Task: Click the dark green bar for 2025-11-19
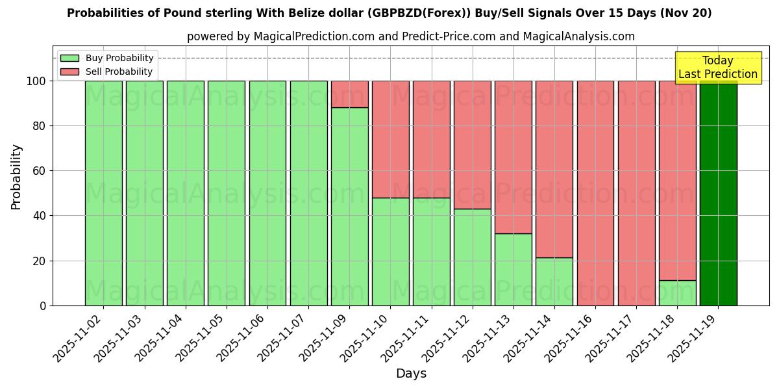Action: coord(718,193)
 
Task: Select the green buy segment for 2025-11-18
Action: coord(677,293)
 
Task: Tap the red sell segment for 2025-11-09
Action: coord(349,94)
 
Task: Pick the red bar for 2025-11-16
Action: coord(595,193)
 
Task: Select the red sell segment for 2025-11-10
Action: coord(390,139)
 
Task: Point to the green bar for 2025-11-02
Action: coord(103,193)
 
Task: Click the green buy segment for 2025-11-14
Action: coord(554,281)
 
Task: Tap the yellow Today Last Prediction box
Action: coord(717,68)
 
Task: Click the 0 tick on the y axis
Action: coord(43,305)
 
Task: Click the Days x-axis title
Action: coord(411,374)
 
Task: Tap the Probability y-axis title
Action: coord(16,177)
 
